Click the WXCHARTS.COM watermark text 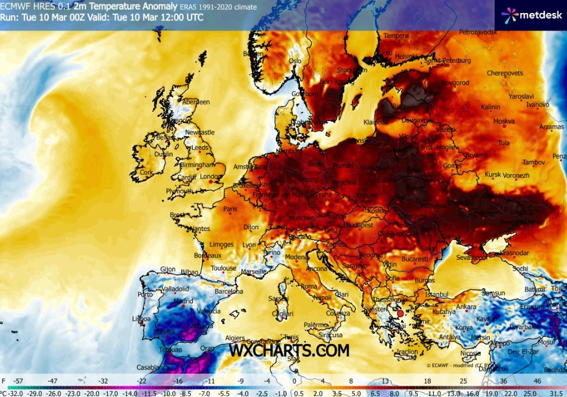pyautogui.click(x=289, y=351)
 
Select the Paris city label pyautogui.click(x=230, y=209)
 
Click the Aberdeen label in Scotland pyautogui.click(x=196, y=102)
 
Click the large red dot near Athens pyautogui.click(x=400, y=313)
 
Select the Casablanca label pyautogui.click(x=153, y=368)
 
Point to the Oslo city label pyautogui.click(x=295, y=61)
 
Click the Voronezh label pyautogui.click(x=516, y=176)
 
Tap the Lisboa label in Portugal pyautogui.click(x=140, y=319)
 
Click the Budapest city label pyautogui.click(x=360, y=225)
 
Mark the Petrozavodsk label pyautogui.click(x=478, y=33)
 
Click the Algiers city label pyautogui.click(x=235, y=338)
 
